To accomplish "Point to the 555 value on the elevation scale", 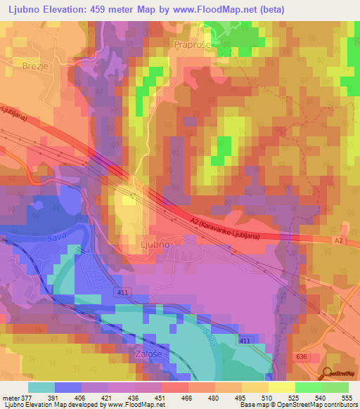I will [x=345, y=397].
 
